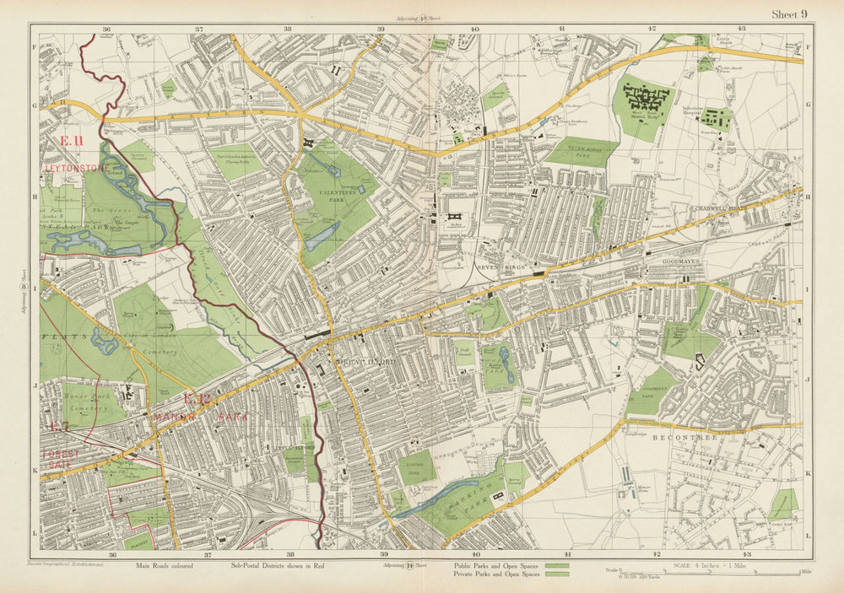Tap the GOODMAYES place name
click(x=667, y=261)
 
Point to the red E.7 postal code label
click(x=59, y=427)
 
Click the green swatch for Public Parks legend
click(x=556, y=565)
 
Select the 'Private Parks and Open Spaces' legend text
click(x=495, y=574)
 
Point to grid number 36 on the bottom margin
click(x=111, y=554)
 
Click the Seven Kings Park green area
click(x=581, y=152)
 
